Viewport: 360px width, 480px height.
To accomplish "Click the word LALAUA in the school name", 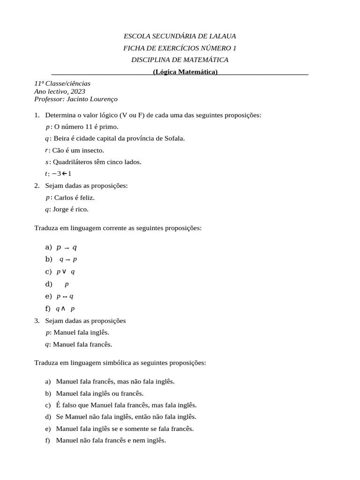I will click(x=222, y=36).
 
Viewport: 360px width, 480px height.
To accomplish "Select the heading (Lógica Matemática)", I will click(x=185, y=72).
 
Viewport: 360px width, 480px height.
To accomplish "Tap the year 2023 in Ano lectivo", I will click(x=77, y=91).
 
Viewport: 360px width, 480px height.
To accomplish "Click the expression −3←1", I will click(x=62, y=174).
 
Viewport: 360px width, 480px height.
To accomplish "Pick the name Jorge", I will click(x=60, y=210).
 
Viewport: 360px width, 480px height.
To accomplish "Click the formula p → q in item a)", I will click(x=66, y=247).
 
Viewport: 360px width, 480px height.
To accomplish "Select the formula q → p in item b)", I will click(x=68, y=259).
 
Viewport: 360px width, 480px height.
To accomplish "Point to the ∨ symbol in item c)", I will click(x=64, y=271).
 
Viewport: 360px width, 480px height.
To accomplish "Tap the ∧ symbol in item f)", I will click(x=63, y=308).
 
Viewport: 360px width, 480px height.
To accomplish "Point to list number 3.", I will click(x=37, y=321).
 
